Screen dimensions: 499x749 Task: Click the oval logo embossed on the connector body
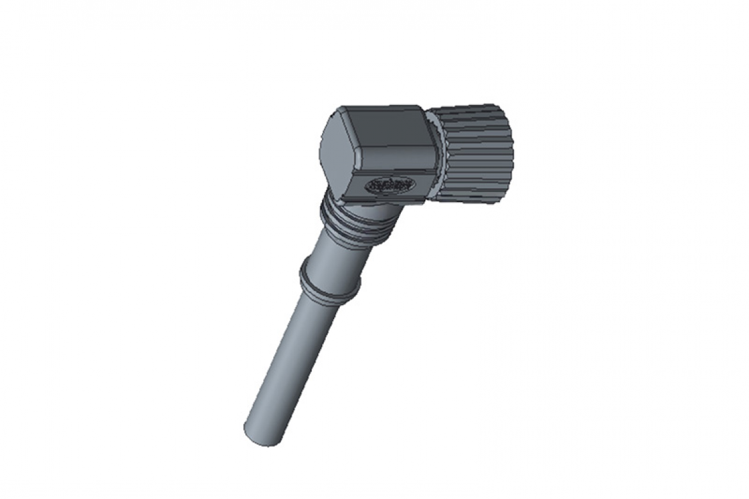click(390, 186)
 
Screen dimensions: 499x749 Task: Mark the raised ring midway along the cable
click(330, 281)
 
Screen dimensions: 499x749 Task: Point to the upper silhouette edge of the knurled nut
click(471, 105)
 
